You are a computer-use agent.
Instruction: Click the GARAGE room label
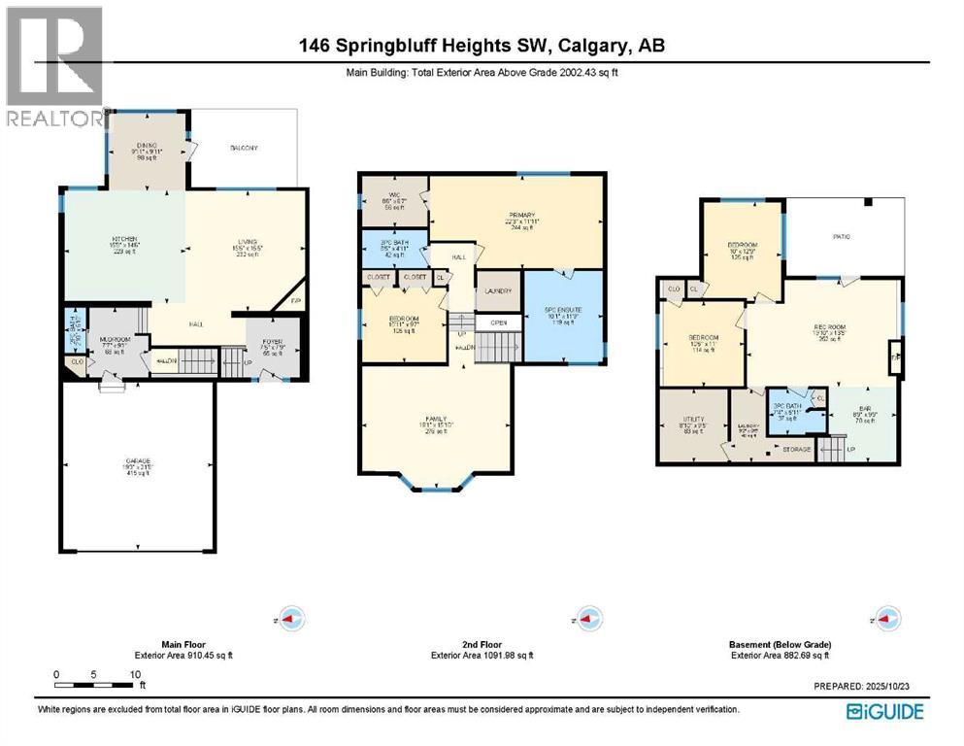pyautogui.click(x=136, y=461)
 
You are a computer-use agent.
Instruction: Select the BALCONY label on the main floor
pyautogui.click(x=244, y=148)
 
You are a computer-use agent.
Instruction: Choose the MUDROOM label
pyautogui.click(x=116, y=340)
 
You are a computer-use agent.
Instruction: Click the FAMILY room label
pyautogui.click(x=435, y=419)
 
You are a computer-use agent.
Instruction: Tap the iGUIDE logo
pyautogui.click(x=884, y=712)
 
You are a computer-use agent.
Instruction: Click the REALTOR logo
pyautogui.click(x=53, y=68)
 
